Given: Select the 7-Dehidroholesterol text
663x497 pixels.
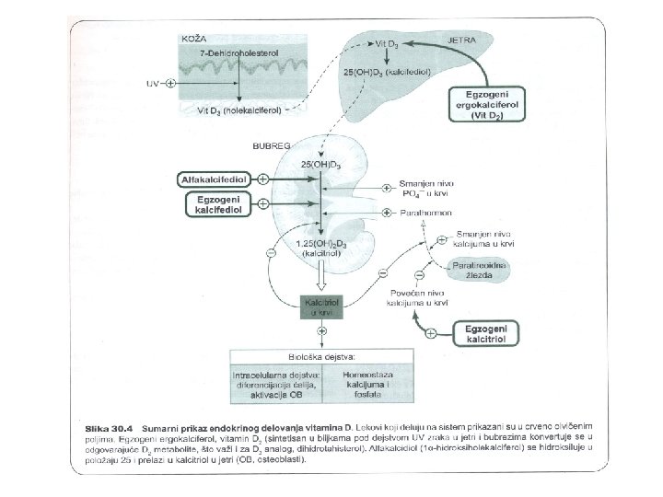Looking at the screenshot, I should (241, 56).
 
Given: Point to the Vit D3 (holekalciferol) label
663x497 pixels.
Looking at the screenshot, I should (241, 110).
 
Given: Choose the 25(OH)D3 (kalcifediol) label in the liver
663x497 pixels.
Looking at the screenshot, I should (382, 71).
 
